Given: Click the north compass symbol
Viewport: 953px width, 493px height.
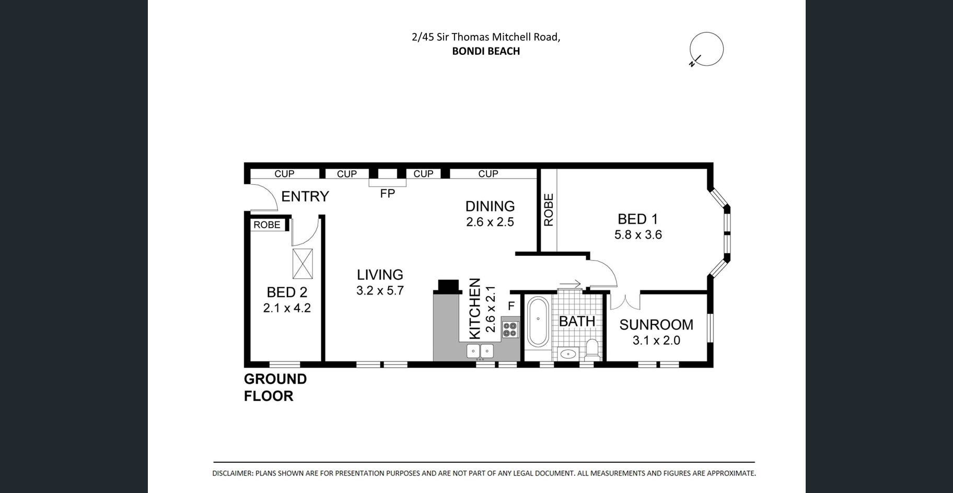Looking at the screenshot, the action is [x=706, y=49].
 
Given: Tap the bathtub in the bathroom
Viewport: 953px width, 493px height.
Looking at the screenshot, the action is [x=538, y=322].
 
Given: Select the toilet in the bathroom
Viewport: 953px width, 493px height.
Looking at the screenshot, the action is [x=592, y=348].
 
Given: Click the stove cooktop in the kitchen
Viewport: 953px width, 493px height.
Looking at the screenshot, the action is [x=510, y=329].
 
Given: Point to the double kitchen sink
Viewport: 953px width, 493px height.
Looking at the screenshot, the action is [x=480, y=351].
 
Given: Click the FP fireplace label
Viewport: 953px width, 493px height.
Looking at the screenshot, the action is [x=387, y=193].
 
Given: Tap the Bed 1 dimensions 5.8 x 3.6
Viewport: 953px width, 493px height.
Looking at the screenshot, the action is [x=638, y=235].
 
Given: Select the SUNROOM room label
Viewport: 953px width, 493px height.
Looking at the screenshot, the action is [x=656, y=324].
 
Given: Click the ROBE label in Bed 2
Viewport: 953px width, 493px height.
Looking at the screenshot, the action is [x=267, y=225].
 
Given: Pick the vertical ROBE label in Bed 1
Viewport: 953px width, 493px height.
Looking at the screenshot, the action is [x=548, y=210].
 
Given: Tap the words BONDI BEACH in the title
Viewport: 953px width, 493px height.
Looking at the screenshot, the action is [x=486, y=51].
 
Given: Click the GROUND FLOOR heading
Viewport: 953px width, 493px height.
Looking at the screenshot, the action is [x=275, y=388].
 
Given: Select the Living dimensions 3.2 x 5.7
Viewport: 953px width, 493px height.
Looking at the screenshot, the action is [x=380, y=290].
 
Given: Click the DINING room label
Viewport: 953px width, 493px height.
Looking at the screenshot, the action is [x=490, y=206].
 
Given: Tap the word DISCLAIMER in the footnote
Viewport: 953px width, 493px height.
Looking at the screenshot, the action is [x=233, y=474].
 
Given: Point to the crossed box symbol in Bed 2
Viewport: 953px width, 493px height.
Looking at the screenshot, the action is [x=303, y=264].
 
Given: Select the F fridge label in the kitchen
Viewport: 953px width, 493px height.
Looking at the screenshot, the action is [x=512, y=306].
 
